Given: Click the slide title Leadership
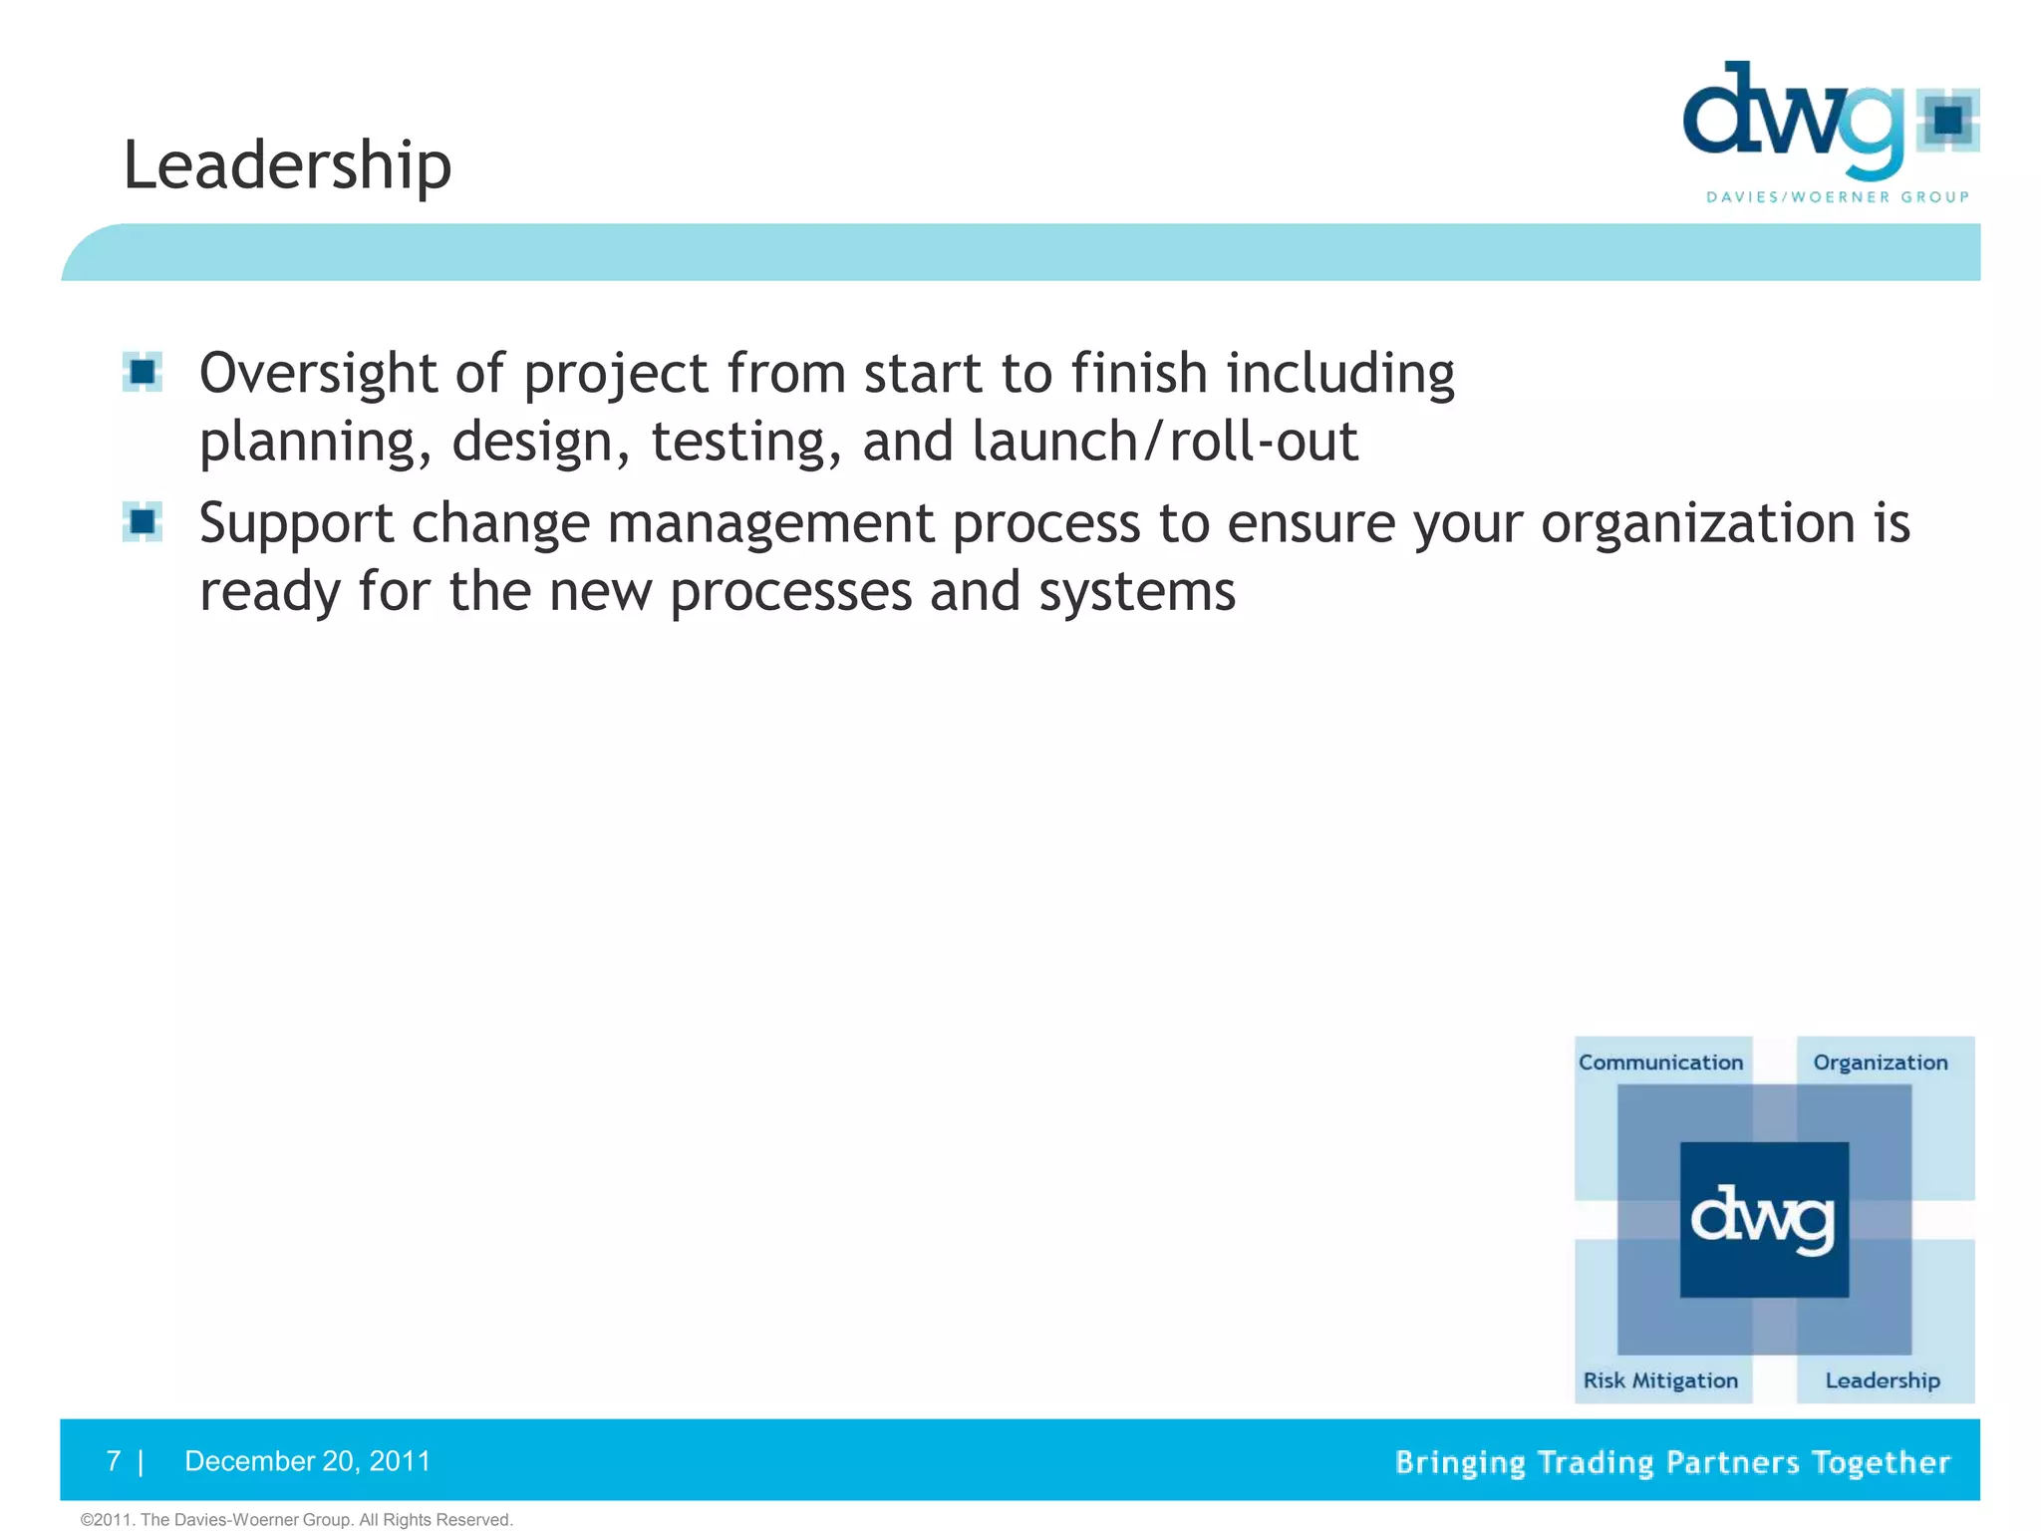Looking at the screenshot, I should pos(287,164).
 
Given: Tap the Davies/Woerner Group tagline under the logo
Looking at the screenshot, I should pos(1838,197).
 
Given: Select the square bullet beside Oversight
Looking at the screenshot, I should pos(143,372).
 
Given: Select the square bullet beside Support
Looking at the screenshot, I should pos(143,521).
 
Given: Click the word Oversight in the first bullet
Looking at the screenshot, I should pos(318,374).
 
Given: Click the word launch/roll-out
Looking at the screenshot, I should pos(1164,443).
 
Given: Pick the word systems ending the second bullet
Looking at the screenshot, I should pos(1136,592).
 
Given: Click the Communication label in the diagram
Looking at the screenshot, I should pos(1660,1063).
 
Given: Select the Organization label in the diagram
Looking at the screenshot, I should pos(1880,1063).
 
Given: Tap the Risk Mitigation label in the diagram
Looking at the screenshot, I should pos(1660,1380).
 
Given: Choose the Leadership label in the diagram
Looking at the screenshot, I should pos(1882,1380).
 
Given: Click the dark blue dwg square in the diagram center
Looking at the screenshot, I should pos(1764,1219).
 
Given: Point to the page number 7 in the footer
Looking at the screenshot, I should pos(114,1461).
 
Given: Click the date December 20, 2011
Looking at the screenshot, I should pos(307,1461).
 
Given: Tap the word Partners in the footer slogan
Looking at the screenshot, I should pos(1732,1462).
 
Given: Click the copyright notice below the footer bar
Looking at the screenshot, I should pos(296,1520).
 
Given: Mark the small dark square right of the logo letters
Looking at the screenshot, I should pos(1948,120).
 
